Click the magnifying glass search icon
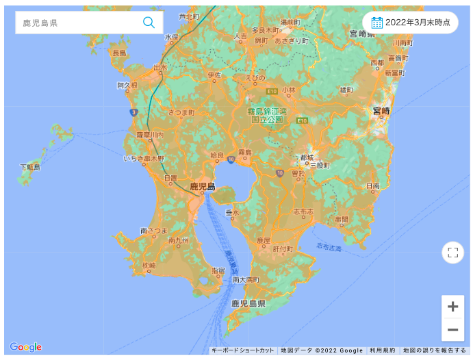[149, 23]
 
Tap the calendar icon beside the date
[376, 23]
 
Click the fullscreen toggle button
[452, 253]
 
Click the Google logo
[25, 347]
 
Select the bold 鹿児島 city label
[203, 186]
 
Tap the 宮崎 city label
[381, 110]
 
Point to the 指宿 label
[218, 270]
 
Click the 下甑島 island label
[30, 167]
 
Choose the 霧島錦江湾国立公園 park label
[267, 114]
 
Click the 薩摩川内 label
[150, 135]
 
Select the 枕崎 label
[149, 265]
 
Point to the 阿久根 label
[127, 86]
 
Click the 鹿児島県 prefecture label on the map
[247, 303]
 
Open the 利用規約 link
[382, 350]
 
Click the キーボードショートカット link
[243, 350]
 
